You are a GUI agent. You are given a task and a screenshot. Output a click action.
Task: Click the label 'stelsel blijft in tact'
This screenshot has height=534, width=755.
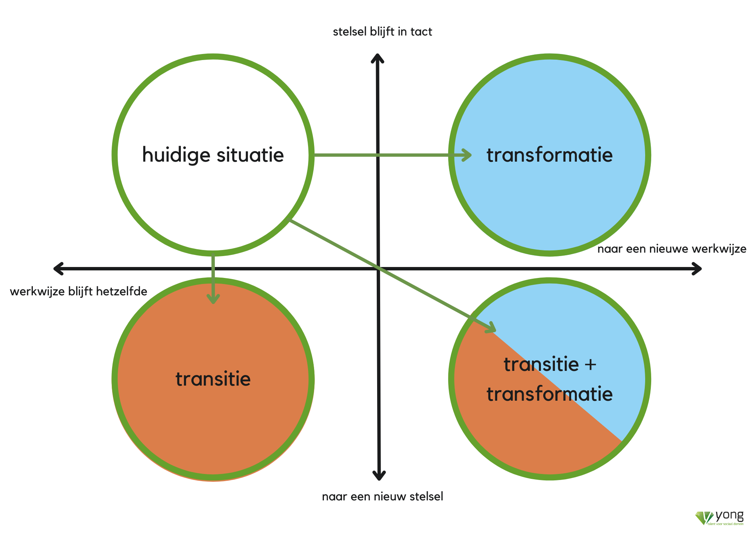tap(382, 32)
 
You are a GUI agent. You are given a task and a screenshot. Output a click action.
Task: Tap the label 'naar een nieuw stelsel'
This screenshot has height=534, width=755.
tap(382, 496)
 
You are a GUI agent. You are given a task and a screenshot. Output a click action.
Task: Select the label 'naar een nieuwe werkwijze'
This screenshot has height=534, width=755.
tap(672, 249)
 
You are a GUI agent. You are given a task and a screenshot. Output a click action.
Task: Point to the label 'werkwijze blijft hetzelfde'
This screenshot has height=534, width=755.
tap(79, 292)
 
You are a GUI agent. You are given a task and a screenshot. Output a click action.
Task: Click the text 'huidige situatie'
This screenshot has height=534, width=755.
tap(213, 155)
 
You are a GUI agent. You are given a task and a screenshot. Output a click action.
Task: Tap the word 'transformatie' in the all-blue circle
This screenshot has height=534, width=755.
tap(550, 155)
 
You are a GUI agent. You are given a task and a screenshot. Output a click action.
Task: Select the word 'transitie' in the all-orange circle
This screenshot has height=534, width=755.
tap(213, 379)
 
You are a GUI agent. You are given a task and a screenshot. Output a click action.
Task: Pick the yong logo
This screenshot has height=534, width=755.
tap(720, 517)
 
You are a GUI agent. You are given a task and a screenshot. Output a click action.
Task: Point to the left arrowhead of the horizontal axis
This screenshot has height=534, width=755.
tap(58, 269)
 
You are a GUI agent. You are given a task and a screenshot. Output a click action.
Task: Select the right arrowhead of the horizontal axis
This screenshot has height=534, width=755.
tap(697, 269)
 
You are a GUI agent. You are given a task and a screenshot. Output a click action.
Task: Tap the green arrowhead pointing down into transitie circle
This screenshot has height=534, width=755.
tap(213, 299)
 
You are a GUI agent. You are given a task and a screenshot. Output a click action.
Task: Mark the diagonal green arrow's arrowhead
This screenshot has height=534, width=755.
tap(491, 328)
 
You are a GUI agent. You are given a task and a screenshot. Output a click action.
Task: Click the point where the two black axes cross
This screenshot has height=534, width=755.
tap(378, 269)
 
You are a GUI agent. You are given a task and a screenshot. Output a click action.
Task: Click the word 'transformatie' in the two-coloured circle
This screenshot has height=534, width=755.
tap(550, 394)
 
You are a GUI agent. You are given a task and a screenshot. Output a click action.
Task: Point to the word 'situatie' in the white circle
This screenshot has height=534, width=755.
tap(250, 155)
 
